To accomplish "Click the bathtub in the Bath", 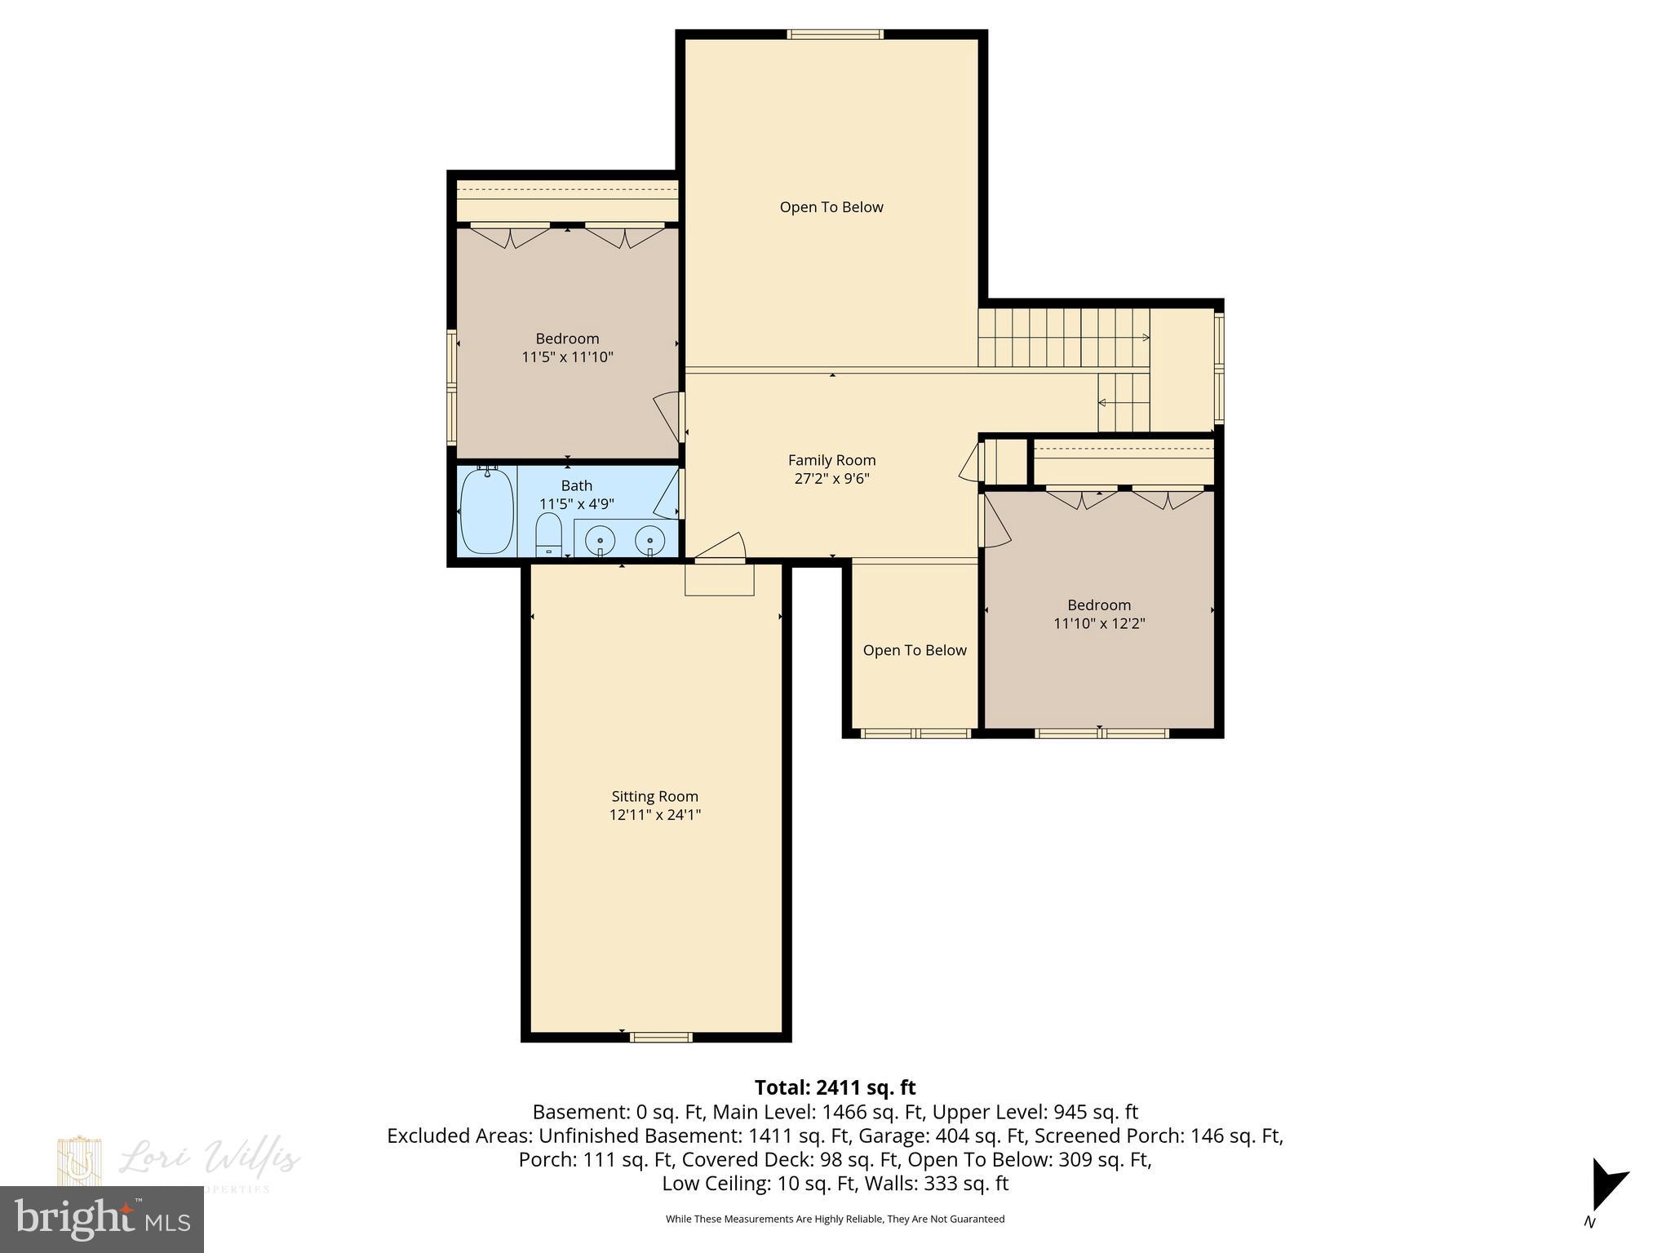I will pos(487,511).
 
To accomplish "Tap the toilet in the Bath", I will pos(548,534).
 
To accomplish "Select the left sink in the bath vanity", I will pos(601,540).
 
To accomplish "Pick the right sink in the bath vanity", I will pos(650,540).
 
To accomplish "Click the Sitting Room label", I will pos(654,796).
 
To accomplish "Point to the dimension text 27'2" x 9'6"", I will pos(831,479).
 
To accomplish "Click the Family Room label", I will pos(831,460).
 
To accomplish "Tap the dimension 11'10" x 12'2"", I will pos(1099,623).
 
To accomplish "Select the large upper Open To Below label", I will pos(831,207).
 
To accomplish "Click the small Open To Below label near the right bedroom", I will pos(914,650).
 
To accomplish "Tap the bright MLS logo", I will pos(101,1219).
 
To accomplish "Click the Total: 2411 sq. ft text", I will pos(835,1087).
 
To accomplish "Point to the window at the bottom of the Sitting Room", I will pos(660,1038).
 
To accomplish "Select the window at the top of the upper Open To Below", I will pos(834,34).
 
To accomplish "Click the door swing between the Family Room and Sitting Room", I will pos(721,547).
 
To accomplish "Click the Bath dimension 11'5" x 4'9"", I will pos(576,504).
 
